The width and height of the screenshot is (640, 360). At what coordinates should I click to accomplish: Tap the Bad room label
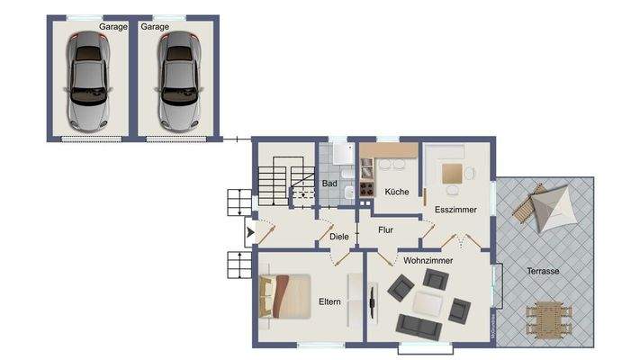pos(329,184)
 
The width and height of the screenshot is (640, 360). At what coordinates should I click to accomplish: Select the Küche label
pos(396,192)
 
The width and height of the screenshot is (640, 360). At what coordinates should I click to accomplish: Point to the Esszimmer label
pos(455,209)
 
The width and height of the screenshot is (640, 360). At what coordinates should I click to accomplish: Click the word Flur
pos(385,229)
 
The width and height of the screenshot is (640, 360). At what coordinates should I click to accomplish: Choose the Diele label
pos(338,237)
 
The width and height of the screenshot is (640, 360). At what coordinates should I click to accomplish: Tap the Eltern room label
pos(329,301)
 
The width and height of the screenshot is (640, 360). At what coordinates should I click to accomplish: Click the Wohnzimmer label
pos(428,260)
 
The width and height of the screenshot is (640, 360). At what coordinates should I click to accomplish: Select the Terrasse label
pos(544,271)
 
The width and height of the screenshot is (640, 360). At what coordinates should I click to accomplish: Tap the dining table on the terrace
pos(546,317)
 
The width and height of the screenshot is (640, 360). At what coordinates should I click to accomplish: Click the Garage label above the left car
pos(113,27)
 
